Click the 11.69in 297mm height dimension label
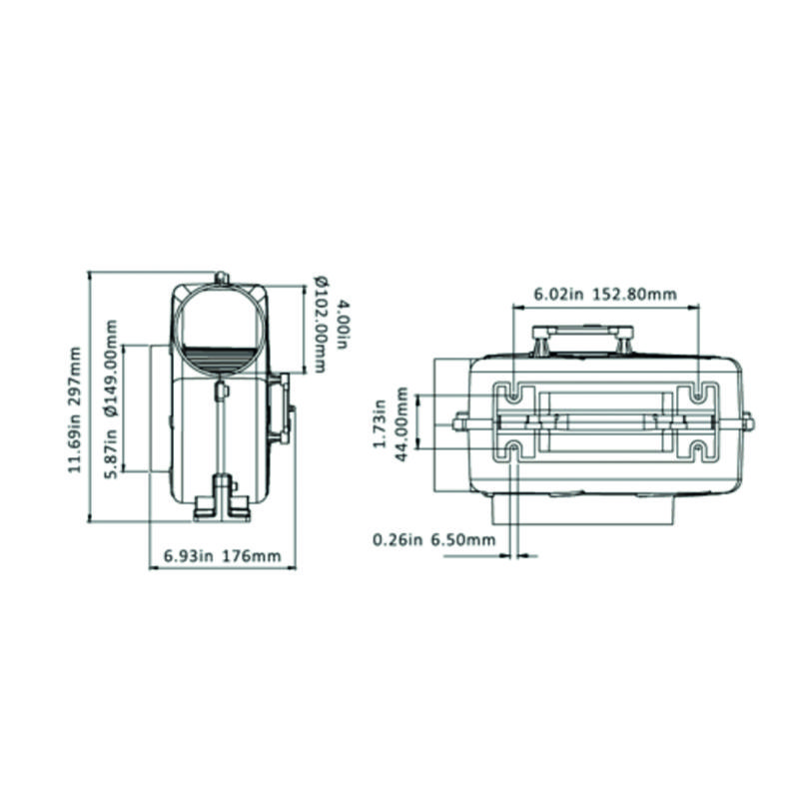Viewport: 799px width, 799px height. pyautogui.click(x=75, y=409)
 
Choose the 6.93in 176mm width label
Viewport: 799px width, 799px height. pyautogui.click(x=222, y=555)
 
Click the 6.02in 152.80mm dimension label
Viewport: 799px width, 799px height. pyautogui.click(x=605, y=294)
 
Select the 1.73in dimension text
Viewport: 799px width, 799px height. pyautogui.click(x=380, y=423)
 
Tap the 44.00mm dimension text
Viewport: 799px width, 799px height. pyautogui.click(x=401, y=423)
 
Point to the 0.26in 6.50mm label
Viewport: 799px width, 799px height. pyautogui.click(x=434, y=539)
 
